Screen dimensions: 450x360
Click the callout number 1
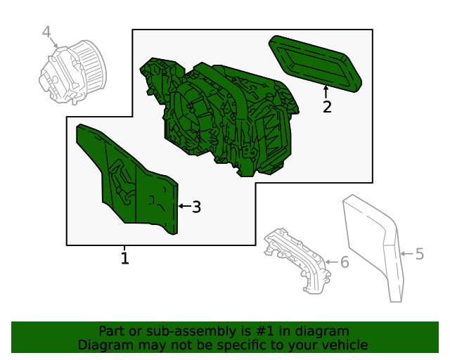pyautogui.click(x=124, y=258)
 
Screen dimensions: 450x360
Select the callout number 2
pyautogui.click(x=327, y=107)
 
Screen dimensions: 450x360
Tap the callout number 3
pyautogui.click(x=196, y=207)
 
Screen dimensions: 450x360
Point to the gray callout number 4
pyautogui.click(x=46, y=32)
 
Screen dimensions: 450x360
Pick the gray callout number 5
pyautogui.click(x=419, y=254)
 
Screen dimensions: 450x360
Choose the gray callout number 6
pyautogui.click(x=345, y=262)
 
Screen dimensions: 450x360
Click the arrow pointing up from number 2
pyautogui.click(x=326, y=92)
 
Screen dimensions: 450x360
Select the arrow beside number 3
pyautogui.click(x=184, y=206)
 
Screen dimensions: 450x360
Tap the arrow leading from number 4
pyautogui.click(x=54, y=42)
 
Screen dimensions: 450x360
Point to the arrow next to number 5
pyautogui.click(x=407, y=254)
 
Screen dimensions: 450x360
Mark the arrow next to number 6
pyautogui.click(x=332, y=262)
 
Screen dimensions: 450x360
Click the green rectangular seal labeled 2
pyautogui.click(x=315, y=64)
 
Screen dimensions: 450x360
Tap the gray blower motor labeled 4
pyautogui.click(x=72, y=72)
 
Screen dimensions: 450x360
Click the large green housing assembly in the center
pyautogui.click(x=219, y=117)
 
